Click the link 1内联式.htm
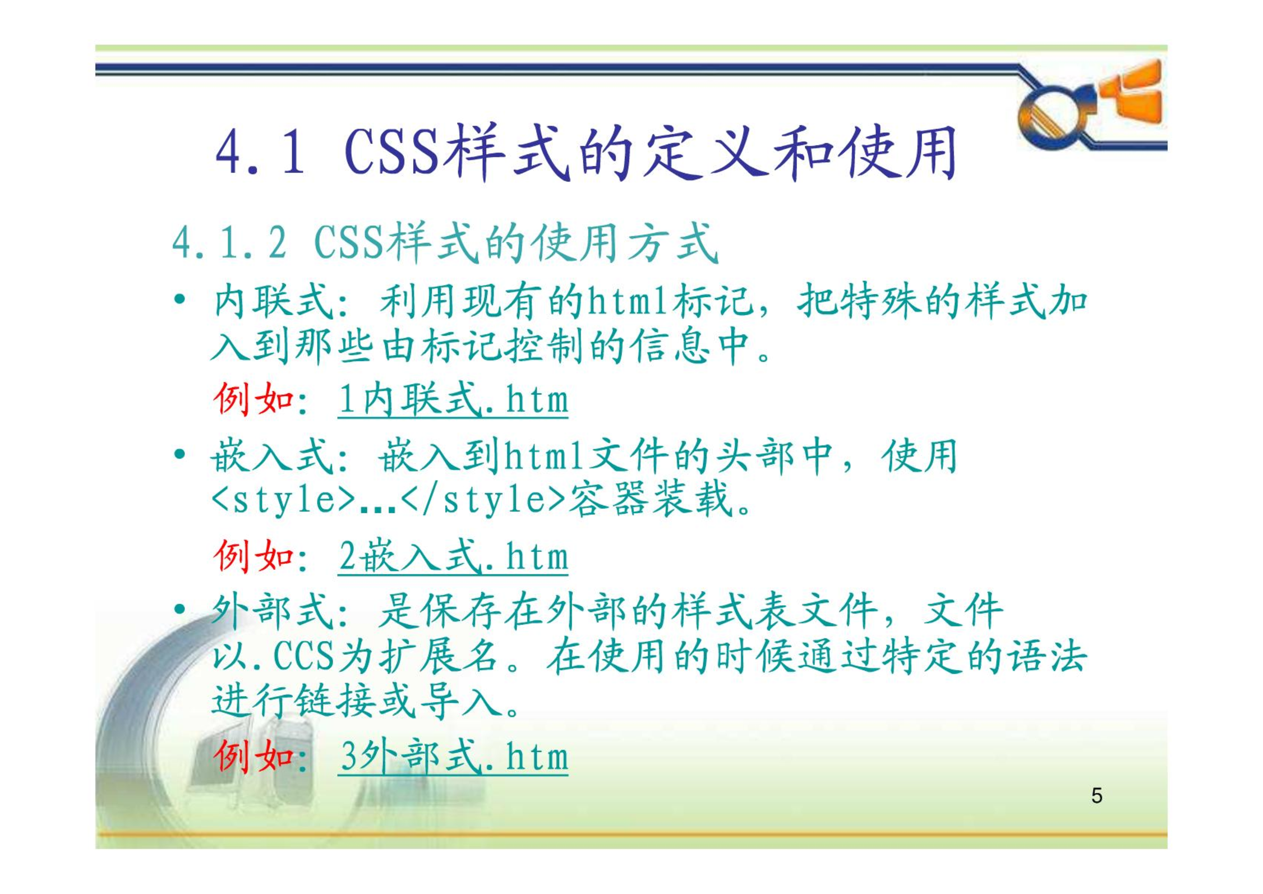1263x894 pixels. [453, 400]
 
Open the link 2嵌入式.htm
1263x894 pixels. [453, 556]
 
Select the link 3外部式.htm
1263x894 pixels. [453, 757]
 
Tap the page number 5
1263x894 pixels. [1096, 796]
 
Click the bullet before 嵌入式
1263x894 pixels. [179, 453]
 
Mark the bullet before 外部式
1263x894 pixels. [179, 609]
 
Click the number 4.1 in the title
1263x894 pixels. [260, 152]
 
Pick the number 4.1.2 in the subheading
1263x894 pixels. [229, 243]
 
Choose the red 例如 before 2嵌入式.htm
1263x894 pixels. [254, 556]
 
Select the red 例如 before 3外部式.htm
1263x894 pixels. [254, 757]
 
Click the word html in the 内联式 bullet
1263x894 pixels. [627, 301]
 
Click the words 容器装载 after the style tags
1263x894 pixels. [652, 499]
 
